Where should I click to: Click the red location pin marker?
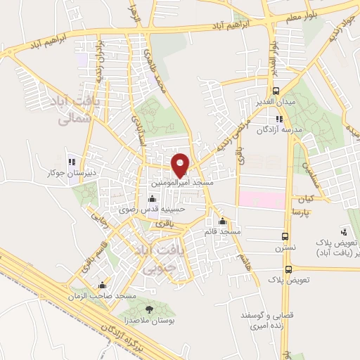coord(180,163)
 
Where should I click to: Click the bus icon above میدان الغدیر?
coord(276,91)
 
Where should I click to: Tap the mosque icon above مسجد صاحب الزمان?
coord(103,285)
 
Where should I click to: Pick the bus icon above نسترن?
coord(285,236)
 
